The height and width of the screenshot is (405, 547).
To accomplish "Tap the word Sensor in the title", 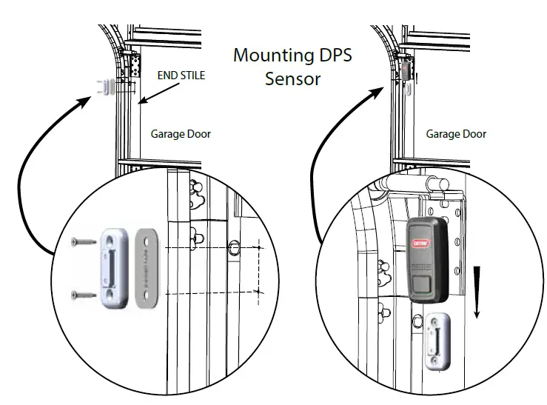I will tap(293, 78).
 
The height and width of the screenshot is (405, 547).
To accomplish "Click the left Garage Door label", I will tap(181, 134).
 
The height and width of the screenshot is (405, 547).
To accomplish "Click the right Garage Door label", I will tap(456, 134).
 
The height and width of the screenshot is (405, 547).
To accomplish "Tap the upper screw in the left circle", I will tap(84, 240).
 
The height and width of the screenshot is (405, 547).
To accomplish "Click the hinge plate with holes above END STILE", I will tap(135, 65).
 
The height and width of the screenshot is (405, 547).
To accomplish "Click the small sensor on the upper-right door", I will tap(407, 87).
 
